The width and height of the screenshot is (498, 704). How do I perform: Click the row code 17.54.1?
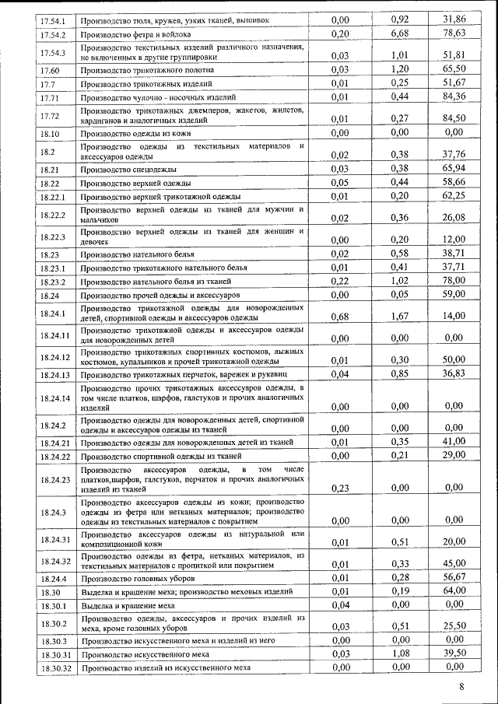(x=54, y=19)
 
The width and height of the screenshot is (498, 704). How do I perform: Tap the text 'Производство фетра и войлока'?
(x=138, y=35)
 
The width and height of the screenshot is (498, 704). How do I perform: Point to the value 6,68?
(x=399, y=33)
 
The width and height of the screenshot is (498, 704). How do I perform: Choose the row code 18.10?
(x=50, y=134)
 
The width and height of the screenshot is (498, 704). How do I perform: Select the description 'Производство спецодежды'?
(x=128, y=169)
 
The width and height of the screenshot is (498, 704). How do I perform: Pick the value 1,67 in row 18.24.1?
(x=399, y=316)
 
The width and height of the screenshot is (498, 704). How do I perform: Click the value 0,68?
(x=339, y=316)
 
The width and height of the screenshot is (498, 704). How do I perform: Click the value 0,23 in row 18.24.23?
(x=339, y=487)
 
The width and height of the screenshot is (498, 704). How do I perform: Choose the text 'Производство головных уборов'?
(x=138, y=579)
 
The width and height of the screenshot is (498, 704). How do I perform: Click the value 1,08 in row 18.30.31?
(x=399, y=653)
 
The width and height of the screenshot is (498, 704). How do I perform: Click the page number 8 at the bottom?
(x=461, y=687)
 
